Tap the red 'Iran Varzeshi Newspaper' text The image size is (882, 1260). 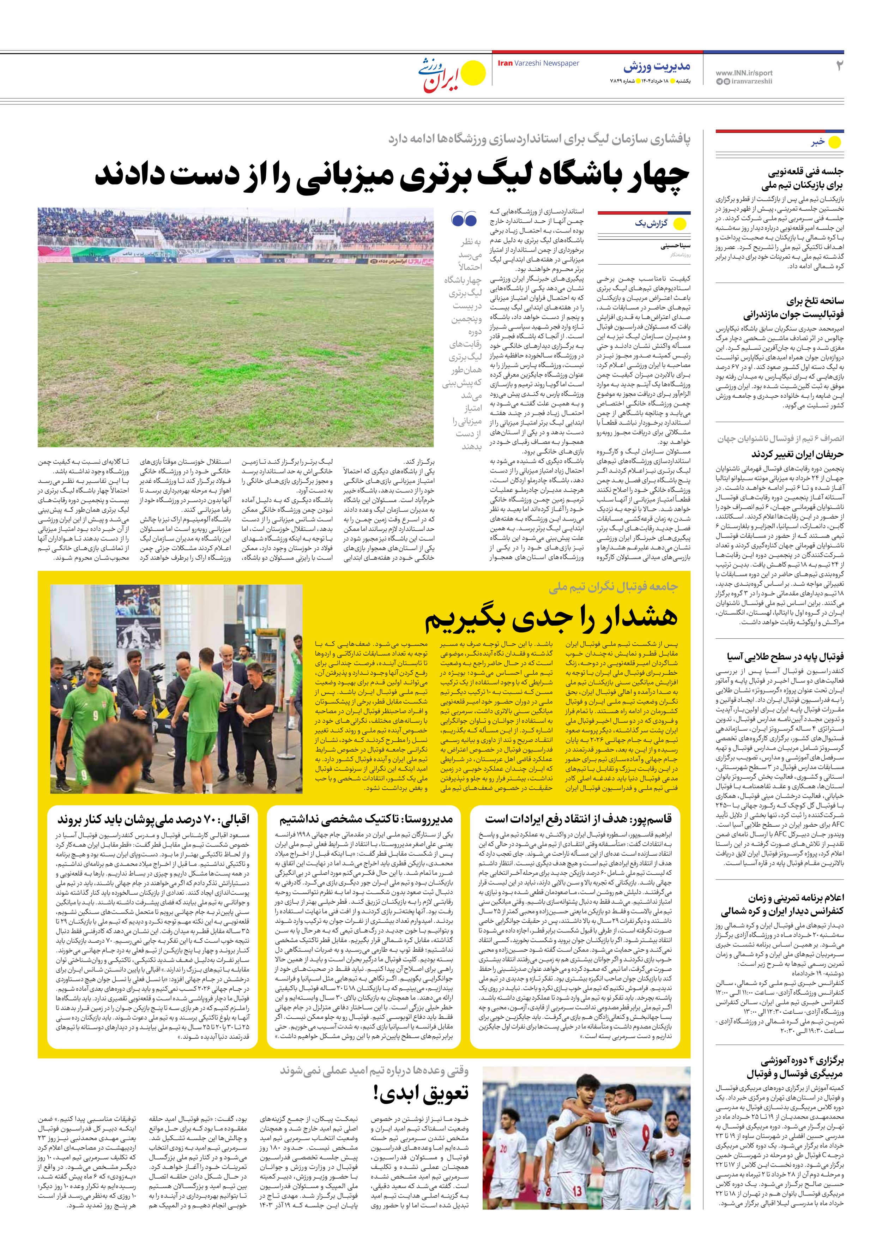538,63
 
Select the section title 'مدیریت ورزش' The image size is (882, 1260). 657,67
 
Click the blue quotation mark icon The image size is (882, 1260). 464,219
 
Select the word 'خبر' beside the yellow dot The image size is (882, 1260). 818,142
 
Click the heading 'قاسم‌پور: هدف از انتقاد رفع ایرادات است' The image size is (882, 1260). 578,819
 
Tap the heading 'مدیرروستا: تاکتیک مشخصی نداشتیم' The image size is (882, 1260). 366,819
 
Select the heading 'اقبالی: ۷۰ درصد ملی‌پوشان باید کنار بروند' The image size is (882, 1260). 153,819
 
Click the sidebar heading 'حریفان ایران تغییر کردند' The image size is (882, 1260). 797,454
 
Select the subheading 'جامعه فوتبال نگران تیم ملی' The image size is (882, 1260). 613,587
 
